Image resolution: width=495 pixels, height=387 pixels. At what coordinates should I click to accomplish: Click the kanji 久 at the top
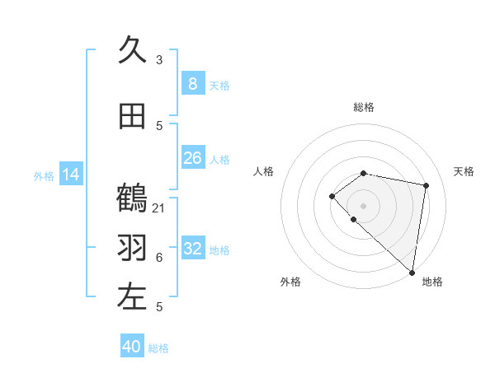[132, 50]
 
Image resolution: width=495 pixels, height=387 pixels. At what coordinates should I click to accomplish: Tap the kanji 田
[132, 116]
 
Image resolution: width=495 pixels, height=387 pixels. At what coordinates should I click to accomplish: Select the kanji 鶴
[132, 198]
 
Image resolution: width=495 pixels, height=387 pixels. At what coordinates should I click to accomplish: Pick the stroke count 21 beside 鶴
[159, 207]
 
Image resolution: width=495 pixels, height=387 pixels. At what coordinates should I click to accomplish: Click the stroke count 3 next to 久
[159, 60]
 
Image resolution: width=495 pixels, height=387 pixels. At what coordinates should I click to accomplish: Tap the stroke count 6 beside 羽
[159, 258]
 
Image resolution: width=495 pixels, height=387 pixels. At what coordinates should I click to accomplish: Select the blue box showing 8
[192, 84]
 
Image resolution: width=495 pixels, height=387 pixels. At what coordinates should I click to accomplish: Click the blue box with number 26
[192, 158]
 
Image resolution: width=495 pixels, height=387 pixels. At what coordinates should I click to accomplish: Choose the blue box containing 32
[192, 249]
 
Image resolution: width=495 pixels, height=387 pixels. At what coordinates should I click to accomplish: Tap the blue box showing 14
[71, 175]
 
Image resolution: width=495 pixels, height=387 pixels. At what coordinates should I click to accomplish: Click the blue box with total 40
[132, 347]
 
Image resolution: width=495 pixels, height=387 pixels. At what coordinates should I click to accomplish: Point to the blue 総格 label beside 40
[158, 348]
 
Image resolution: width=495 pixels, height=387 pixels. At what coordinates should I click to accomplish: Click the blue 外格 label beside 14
[44, 176]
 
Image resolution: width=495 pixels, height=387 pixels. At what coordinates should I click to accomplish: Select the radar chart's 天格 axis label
[464, 171]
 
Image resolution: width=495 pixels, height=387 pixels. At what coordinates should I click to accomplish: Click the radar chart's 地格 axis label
[432, 282]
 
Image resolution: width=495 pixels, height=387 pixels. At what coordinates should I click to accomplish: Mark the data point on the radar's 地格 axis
[412, 272]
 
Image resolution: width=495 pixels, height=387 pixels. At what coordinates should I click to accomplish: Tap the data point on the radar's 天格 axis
[427, 185]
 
